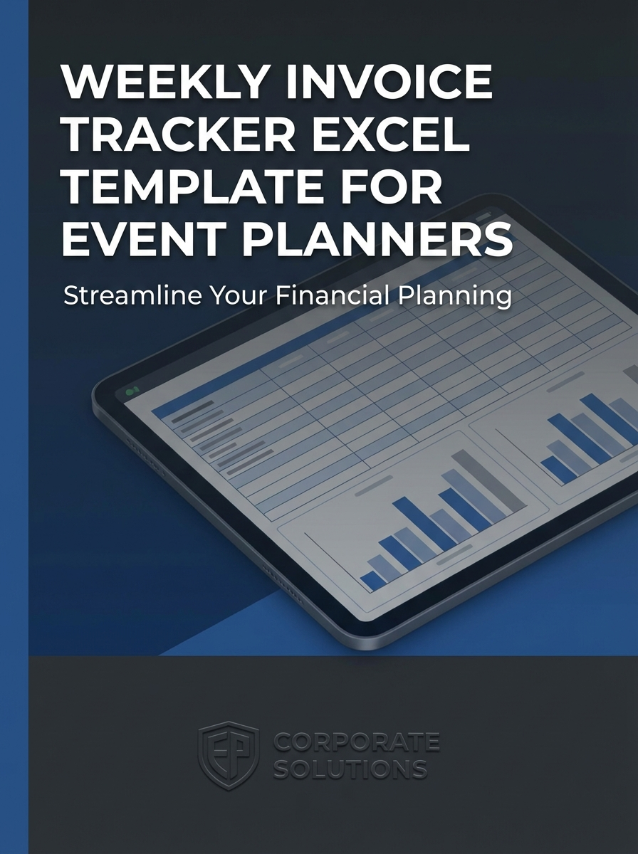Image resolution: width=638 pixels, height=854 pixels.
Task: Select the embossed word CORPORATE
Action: [x=356, y=743]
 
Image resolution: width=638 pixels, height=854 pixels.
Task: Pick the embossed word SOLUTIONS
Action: [x=350, y=769]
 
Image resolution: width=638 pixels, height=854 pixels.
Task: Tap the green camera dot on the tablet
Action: [x=130, y=391]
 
